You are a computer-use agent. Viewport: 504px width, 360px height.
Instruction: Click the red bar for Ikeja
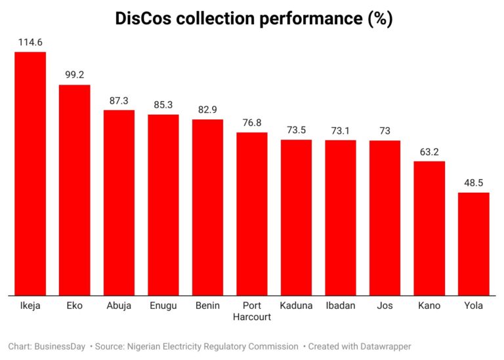coord(30,173)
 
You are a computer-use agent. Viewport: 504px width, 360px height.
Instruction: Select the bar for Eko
coord(74,190)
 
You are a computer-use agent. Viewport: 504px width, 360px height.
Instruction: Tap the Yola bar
coord(473,243)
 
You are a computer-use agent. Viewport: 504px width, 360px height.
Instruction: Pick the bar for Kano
coord(429,228)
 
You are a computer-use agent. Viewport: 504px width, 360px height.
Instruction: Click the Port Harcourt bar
coord(252,213)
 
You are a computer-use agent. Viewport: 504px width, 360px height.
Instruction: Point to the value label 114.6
coord(30,43)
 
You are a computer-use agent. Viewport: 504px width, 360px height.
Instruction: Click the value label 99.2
coord(74,75)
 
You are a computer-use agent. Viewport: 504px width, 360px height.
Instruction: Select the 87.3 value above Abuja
coord(119,100)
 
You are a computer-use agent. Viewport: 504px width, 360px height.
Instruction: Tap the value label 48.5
coord(473,183)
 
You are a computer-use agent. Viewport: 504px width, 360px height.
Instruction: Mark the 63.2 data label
coord(429,151)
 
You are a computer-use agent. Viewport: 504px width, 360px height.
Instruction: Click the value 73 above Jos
coord(385,130)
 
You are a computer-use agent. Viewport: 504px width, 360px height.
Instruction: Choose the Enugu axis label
coord(163,306)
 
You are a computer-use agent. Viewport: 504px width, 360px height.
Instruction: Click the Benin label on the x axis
coord(207,306)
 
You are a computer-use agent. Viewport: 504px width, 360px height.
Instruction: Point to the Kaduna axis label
coord(296,306)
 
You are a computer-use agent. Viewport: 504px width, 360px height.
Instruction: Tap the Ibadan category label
coord(341,306)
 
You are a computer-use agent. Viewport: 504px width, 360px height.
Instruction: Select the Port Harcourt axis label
coord(252,311)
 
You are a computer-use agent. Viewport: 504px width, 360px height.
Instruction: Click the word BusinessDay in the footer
coord(59,346)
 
